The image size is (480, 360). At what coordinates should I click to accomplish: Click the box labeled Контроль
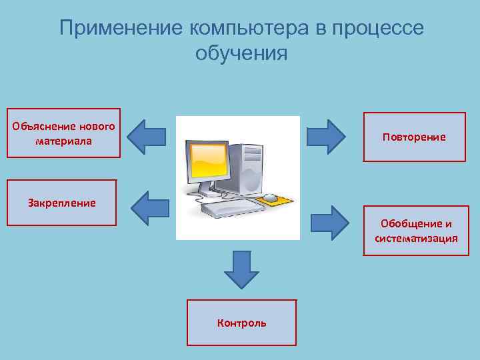pos(241,323)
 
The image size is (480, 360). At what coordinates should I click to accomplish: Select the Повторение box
pos(414,137)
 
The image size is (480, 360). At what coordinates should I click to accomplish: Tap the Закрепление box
pos(62,203)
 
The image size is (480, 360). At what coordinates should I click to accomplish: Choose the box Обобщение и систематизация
pos(416,231)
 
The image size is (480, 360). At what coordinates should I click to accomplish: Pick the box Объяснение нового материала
pos(63,133)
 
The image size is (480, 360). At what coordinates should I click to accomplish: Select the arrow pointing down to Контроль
pos(241,270)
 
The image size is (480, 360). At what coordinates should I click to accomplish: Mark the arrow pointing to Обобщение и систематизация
pos(329,222)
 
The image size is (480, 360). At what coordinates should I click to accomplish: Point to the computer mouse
pos(270,197)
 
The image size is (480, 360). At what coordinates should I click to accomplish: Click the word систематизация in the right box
pos(416,238)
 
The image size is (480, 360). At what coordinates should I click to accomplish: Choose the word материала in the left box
pos(63,141)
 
